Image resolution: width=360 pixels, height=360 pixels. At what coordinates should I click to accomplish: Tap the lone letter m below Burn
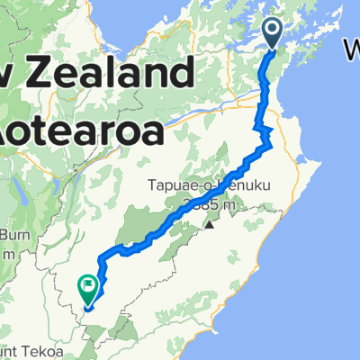tap(6, 253)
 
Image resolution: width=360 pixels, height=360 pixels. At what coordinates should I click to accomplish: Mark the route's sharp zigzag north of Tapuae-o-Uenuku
tap(266, 137)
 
